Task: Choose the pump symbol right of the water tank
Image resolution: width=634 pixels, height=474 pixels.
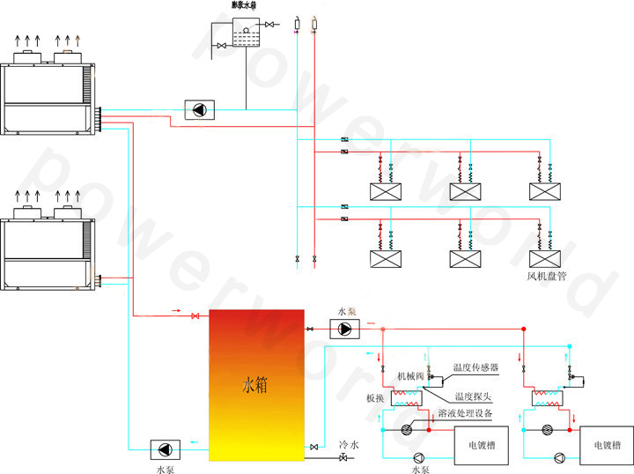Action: pos(344,329)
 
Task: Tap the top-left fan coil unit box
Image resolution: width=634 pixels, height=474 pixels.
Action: pos(387,190)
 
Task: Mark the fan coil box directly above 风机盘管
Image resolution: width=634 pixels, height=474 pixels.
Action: pos(545,259)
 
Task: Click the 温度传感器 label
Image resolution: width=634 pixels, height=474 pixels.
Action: pos(475,367)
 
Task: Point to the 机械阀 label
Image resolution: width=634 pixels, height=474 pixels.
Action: pos(410,376)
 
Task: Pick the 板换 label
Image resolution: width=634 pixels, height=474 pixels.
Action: pos(375,398)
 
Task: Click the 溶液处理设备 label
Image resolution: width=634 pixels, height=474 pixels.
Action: pos(471,413)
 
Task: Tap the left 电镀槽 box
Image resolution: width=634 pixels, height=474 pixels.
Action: pos(478,446)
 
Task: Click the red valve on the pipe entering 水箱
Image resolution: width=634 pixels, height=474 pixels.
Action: pos(195,315)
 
